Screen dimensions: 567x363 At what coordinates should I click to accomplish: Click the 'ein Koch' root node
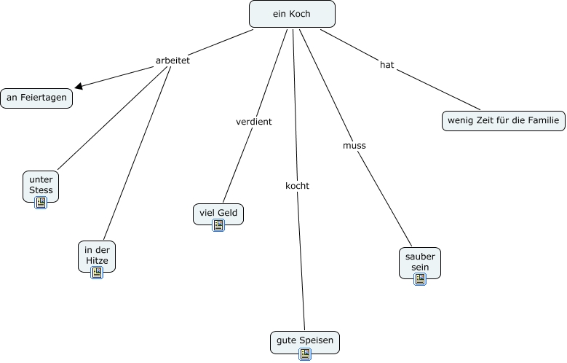click(292, 14)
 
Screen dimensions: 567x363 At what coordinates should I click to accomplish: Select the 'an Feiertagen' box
click(36, 98)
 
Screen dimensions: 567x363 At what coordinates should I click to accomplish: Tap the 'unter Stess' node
click(41, 186)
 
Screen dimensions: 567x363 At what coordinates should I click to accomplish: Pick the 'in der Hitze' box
click(97, 257)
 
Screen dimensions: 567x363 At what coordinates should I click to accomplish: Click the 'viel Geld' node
click(218, 214)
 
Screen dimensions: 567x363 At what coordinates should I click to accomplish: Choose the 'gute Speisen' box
click(305, 342)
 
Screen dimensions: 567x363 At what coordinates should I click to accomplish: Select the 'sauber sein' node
click(420, 263)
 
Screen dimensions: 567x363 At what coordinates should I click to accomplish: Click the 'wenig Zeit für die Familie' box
click(504, 121)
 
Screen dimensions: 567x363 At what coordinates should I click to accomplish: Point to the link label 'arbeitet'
click(173, 60)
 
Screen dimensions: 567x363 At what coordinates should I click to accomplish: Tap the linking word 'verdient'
click(254, 122)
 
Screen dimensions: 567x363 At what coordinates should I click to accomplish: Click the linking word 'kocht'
click(297, 186)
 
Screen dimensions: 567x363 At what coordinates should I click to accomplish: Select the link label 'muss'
click(354, 146)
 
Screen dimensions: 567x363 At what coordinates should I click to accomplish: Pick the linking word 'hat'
click(387, 65)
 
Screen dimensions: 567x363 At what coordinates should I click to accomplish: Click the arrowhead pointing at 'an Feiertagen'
click(78, 86)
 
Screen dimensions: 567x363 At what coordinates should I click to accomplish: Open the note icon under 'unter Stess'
click(41, 203)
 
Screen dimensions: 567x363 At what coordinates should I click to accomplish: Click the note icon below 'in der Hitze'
click(97, 273)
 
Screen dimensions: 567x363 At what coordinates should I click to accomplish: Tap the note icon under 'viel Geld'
click(218, 225)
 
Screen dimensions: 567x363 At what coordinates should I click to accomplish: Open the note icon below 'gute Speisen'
click(305, 354)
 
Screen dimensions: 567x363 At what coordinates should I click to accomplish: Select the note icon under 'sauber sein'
click(420, 279)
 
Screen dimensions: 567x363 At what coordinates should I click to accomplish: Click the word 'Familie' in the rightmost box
click(544, 120)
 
